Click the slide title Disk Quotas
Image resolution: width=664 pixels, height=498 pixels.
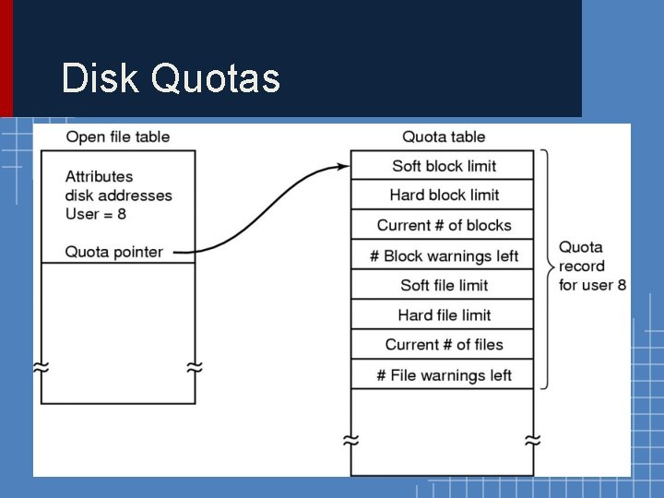click(171, 78)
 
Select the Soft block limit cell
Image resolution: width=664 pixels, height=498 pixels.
click(444, 166)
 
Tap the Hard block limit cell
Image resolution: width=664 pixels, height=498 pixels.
click(444, 195)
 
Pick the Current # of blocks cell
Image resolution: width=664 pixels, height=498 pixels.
click(444, 225)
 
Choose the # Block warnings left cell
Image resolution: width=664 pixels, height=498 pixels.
click(444, 255)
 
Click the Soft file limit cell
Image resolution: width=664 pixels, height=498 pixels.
click(444, 285)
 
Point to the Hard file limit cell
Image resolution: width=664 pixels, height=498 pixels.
click(444, 314)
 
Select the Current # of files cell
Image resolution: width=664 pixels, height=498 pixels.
click(444, 344)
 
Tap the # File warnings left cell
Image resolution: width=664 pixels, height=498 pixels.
click(444, 374)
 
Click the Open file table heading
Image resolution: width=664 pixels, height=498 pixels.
click(118, 137)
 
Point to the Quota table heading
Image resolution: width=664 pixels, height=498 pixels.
click(444, 137)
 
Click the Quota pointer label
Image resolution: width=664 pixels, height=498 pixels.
click(114, 252)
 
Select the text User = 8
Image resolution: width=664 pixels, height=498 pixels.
click(95, 214)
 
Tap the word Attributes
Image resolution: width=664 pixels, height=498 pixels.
click(100, 176)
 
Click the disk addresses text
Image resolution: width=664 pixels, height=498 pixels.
click(118, 196)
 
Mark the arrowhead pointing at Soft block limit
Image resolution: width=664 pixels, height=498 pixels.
click(343, 167)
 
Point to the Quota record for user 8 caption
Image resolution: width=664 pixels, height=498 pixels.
click(592, 266)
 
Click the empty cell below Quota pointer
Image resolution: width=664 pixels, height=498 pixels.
click(118, 332)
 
